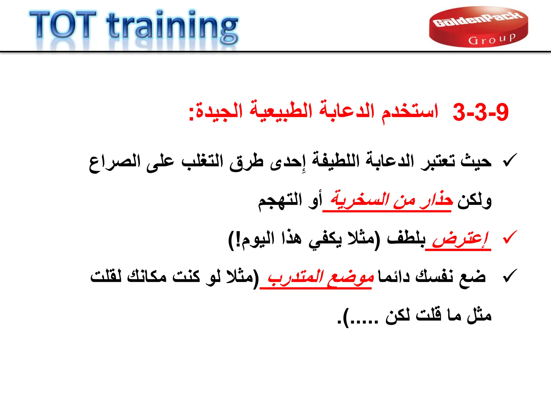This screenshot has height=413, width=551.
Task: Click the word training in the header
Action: point(172,27)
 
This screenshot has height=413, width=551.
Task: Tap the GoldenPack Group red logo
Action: point(478,27)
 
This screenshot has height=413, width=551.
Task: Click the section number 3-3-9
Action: point(481,112)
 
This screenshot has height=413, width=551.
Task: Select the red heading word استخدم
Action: point(410,112)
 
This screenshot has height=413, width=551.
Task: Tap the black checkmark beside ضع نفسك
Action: point(509,276)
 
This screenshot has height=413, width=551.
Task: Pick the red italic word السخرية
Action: point(359,200)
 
